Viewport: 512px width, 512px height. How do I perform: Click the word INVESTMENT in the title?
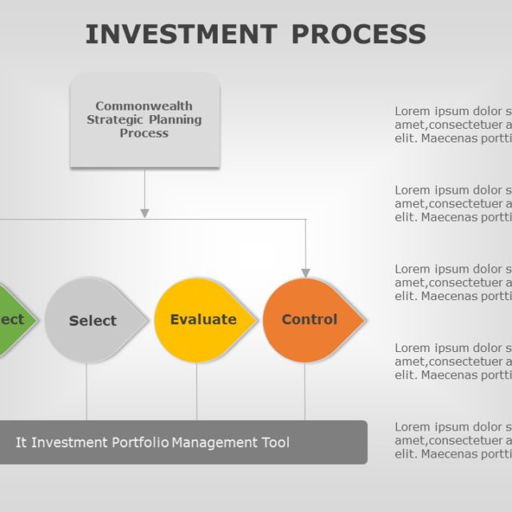click(x=181, y=34)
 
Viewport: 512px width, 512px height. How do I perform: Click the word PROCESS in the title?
click(x=358, y=34)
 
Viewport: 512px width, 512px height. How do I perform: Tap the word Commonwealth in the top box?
click(x=144, y=106)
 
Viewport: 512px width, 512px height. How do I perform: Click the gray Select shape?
click(x=93, y=320)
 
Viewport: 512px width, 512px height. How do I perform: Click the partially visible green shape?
click(x=14, y=320)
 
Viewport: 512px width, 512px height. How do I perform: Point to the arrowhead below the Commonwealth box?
click(x=145, y=213)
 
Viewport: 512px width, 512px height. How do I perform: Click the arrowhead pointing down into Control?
click(x=306, y=273)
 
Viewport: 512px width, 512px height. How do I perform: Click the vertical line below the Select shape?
click(x=86, y=392)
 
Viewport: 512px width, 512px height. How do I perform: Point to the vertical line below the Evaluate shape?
click(x=197, y=392)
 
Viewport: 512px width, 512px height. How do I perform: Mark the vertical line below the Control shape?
click(x=305, y=392)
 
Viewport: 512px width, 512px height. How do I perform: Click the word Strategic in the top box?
click(x=114, y=119)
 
